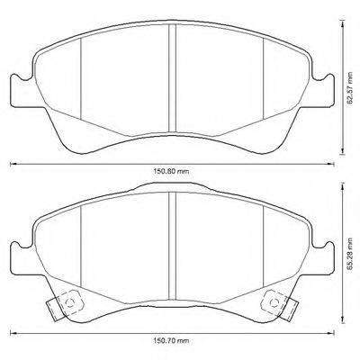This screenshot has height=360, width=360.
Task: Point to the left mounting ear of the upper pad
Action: click(18, 89)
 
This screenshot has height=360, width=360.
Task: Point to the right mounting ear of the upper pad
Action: click(326, 89)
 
